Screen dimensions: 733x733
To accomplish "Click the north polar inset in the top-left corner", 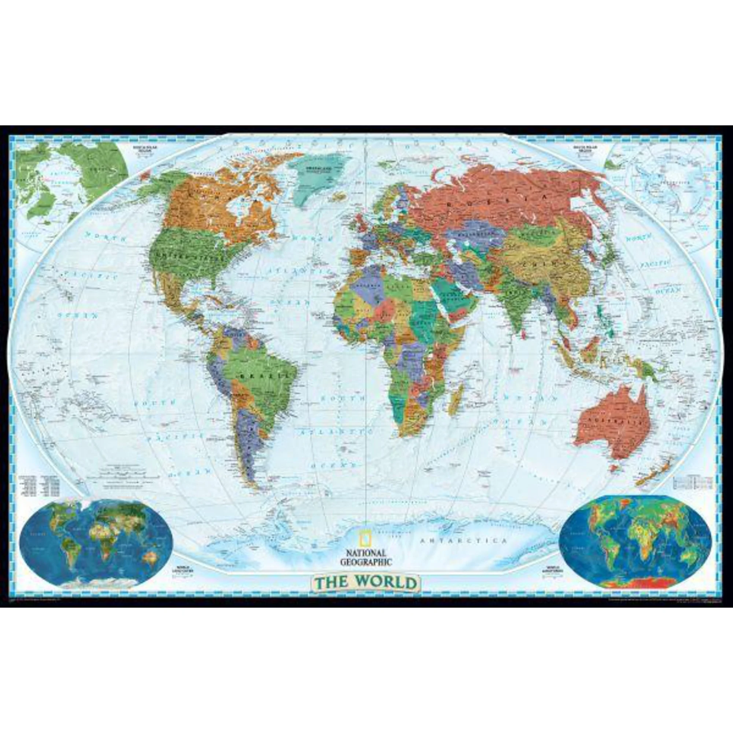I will click(x=72, y=186).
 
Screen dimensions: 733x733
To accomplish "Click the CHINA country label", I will click(x=539, y=262).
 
